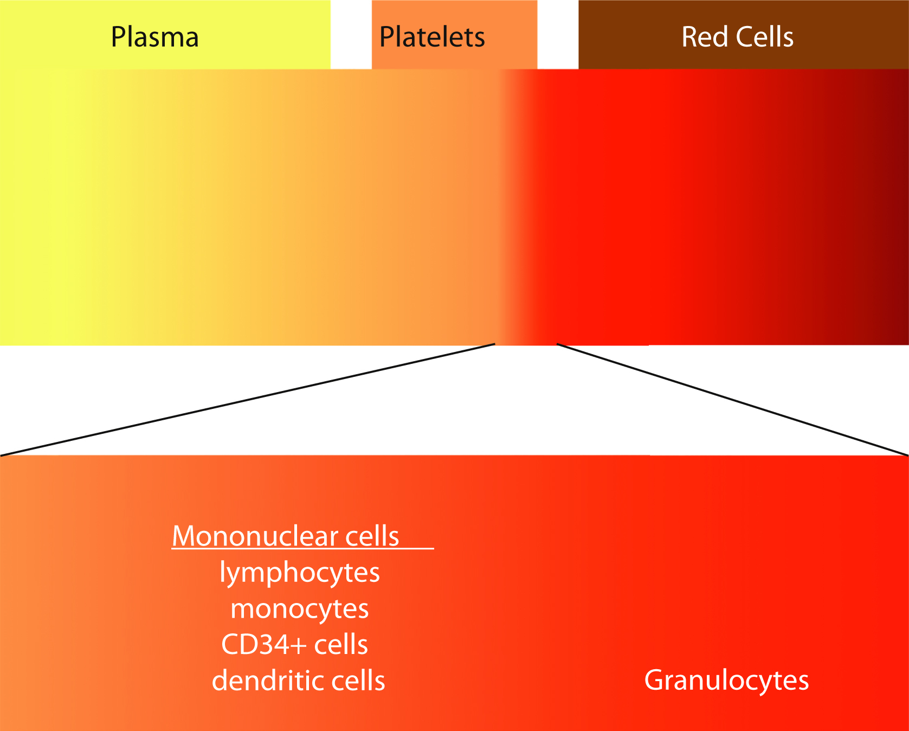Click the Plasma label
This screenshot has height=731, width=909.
154,37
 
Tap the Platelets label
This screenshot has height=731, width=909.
432,37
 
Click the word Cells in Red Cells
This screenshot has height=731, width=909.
765,37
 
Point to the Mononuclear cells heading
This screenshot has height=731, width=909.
286,536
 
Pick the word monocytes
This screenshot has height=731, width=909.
300,609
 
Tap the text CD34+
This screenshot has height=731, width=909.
264,645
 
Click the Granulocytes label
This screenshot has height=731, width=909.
726,681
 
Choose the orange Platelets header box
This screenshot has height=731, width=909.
510,22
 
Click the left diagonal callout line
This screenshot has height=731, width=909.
248,400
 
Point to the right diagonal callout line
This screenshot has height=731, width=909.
732,400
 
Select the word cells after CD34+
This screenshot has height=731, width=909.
341,645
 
